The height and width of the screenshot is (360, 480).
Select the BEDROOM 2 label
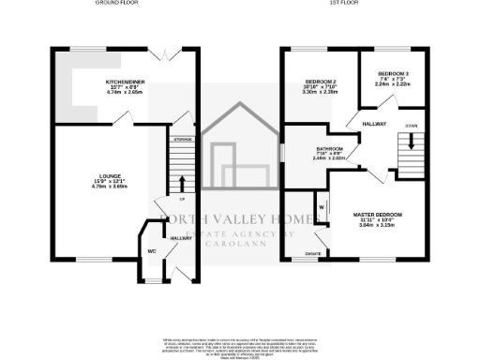(319, 80)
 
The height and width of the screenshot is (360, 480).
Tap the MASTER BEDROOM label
(379, 215)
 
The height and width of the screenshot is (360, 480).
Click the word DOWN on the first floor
(411, 125)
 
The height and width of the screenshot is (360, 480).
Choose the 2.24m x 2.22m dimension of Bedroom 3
(394, 83)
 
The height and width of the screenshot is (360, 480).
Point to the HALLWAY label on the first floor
(361, 123)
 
